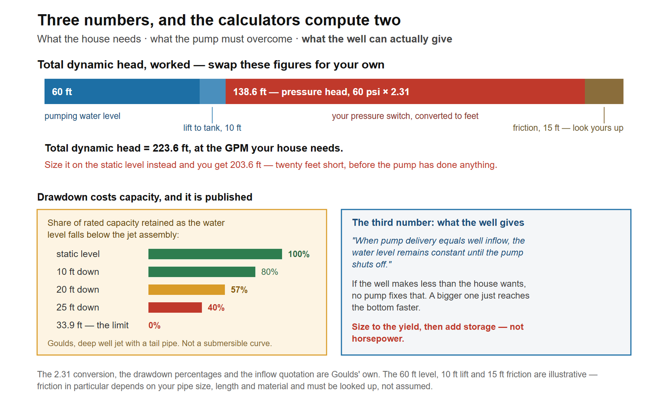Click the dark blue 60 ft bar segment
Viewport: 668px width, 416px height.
[x=122, y=91]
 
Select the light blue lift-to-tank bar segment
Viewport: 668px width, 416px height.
[x=213, y=91]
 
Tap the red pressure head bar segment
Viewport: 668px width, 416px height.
[x=405, y=91]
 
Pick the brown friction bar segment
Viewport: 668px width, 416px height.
[x=604, y=91]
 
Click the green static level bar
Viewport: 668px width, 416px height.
[x=215, y=254]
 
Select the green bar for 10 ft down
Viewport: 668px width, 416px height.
[x=202, y=272]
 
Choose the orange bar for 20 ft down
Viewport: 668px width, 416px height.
[x=187, y=289]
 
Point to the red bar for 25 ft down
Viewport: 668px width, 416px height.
[x=175, y=307]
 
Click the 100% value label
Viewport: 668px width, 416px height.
[x=299, y=254]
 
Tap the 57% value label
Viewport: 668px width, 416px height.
[x=239, y=290]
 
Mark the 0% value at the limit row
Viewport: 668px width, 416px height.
[x=154, y=325]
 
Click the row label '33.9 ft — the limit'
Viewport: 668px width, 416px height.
[x=92, y=325]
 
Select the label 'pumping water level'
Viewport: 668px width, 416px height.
[x=82, y=116]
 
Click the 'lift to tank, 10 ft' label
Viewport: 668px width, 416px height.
[x=212, y=128]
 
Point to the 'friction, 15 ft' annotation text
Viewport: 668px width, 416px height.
[x=536, y=128]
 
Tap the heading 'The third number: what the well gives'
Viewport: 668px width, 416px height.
[x=438, y=223]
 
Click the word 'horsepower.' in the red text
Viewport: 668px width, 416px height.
[x=378, y=339]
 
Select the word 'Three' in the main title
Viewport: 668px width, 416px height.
[x=58, y=20]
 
